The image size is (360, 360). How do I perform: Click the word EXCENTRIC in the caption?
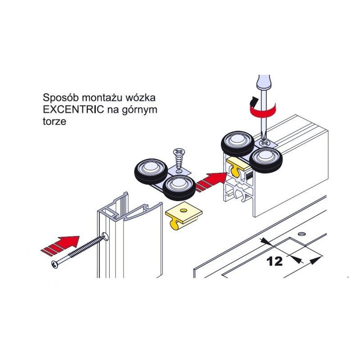click(73, 109)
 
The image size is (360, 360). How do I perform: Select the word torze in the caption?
click(54, 121)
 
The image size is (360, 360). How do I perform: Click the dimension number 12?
click(274, 261)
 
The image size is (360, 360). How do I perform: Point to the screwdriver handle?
click(264, 83)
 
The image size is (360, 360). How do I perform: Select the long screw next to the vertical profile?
click(80, 251)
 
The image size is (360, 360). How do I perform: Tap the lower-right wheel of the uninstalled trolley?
click(179, 187)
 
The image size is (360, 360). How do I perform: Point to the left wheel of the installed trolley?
click(238, 144)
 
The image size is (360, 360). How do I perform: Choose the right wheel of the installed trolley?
click(266, 160)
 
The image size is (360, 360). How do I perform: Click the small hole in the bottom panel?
click(302, 234)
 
